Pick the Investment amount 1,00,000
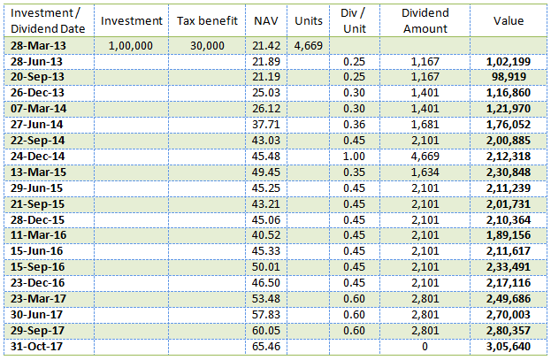134,44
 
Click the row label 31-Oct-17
38,345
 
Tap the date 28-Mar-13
39,44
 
